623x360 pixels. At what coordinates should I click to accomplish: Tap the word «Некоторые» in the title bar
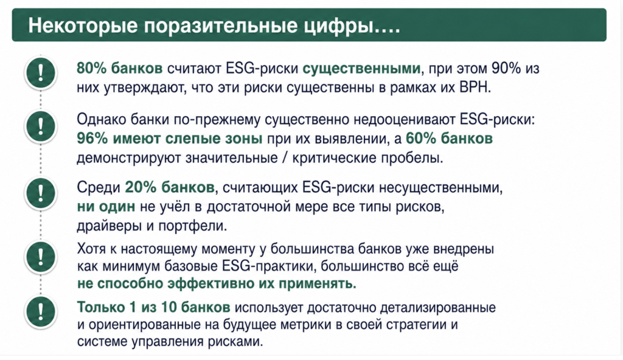[x=83, y=26]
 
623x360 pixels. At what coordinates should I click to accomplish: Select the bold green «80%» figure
[x=92, y=68]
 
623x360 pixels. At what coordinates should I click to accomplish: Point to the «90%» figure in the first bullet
[x=506, y=68]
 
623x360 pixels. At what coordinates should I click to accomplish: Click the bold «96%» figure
[x=92, y=138]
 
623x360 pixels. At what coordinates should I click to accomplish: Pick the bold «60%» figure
[x=421, y=138]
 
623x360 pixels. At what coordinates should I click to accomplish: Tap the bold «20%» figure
[x=141, y=187]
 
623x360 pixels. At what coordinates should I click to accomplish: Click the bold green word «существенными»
[x=361, y=69]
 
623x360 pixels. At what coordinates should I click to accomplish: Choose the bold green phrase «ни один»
[x=106, y=207]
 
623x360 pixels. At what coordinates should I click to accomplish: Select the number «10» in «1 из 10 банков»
[x=169, y=307]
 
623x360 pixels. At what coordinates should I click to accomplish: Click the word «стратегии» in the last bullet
[x=415, y=325]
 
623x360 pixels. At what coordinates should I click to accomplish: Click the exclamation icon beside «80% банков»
[x=41, y=73]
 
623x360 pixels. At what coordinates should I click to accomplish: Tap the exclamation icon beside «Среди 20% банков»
[x=41, y=193]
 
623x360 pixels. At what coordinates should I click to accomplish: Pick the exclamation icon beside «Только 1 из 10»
[x=41, y=311]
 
